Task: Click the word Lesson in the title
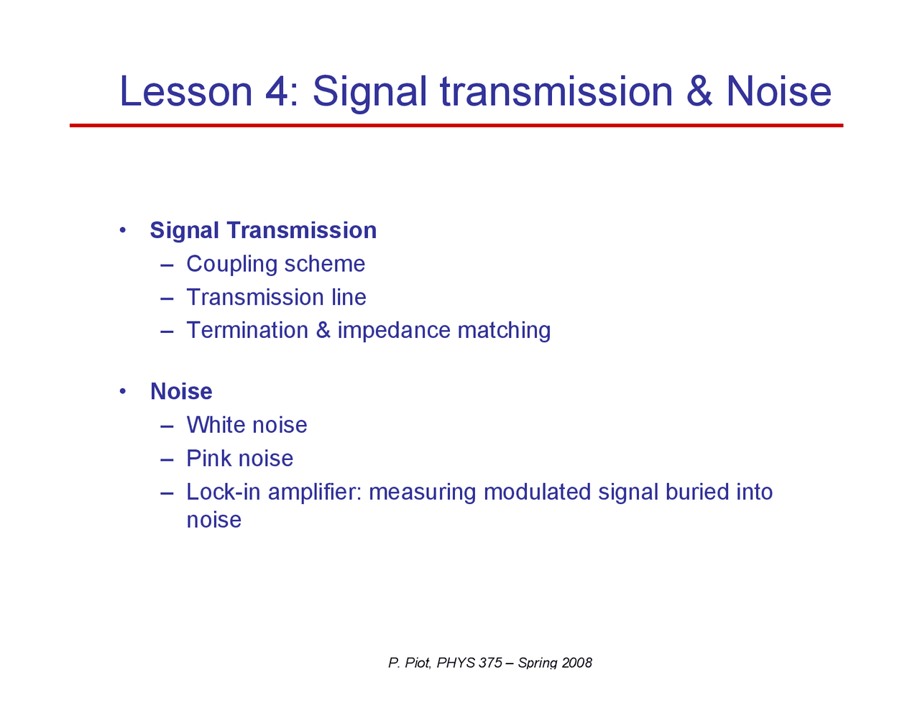click(x=186, y=91)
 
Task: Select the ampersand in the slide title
click(x=699, y=91)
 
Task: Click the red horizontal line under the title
click(x=456, y=125)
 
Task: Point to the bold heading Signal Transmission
click(x=263, y=231)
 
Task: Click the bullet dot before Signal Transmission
click(x=123, y=230)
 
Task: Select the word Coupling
click(x=231, y=265)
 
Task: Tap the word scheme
click(x=325, y=265)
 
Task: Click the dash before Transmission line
click(x=167, y=298)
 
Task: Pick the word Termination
click(x=247, y=330)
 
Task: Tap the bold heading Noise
click(x=181, y=391)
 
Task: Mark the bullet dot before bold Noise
click(x=123, y=391)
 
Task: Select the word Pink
click(x=208, y=458)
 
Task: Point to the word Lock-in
click(x=224, y=492)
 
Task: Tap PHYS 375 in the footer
click(x=469, y=663)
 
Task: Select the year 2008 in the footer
click(x=577, y=663)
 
